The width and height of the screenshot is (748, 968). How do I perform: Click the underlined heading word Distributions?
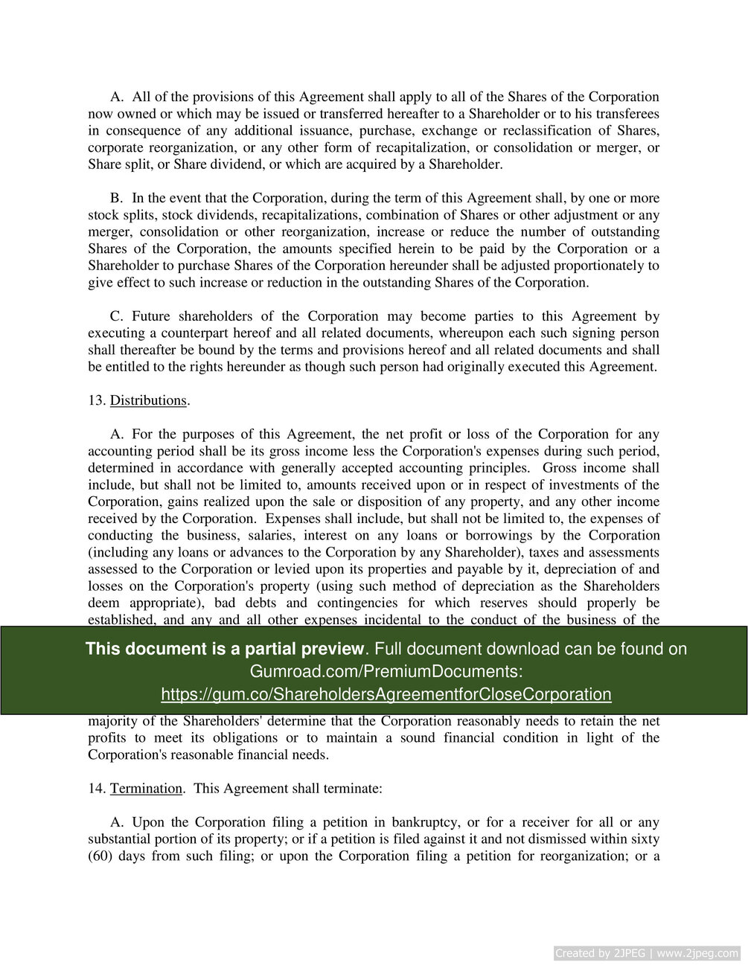(x=148, y=400)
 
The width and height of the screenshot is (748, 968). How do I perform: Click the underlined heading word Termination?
(x=146, y=788)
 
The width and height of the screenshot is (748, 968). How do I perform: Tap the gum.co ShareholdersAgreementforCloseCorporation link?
(x=386, y=694)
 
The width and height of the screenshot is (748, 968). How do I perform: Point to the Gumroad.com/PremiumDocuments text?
(x=386, y=671)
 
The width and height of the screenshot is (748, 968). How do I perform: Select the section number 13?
(x=95, y=400)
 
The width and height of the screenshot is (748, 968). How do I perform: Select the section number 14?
(x=95, y=788)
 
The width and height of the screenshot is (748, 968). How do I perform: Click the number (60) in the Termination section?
(x=99, y=856)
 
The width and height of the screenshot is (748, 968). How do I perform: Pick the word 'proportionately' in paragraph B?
(x=601, y=266)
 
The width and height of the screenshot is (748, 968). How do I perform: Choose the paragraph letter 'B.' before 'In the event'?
(x=116, y=198)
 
